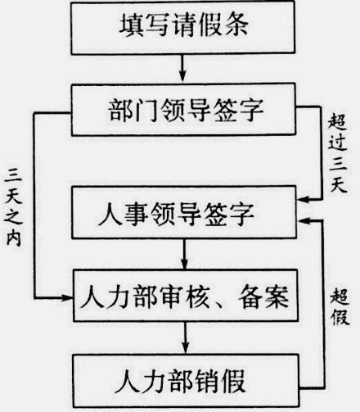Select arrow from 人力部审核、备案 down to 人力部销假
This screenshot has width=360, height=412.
coord(185,337)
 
